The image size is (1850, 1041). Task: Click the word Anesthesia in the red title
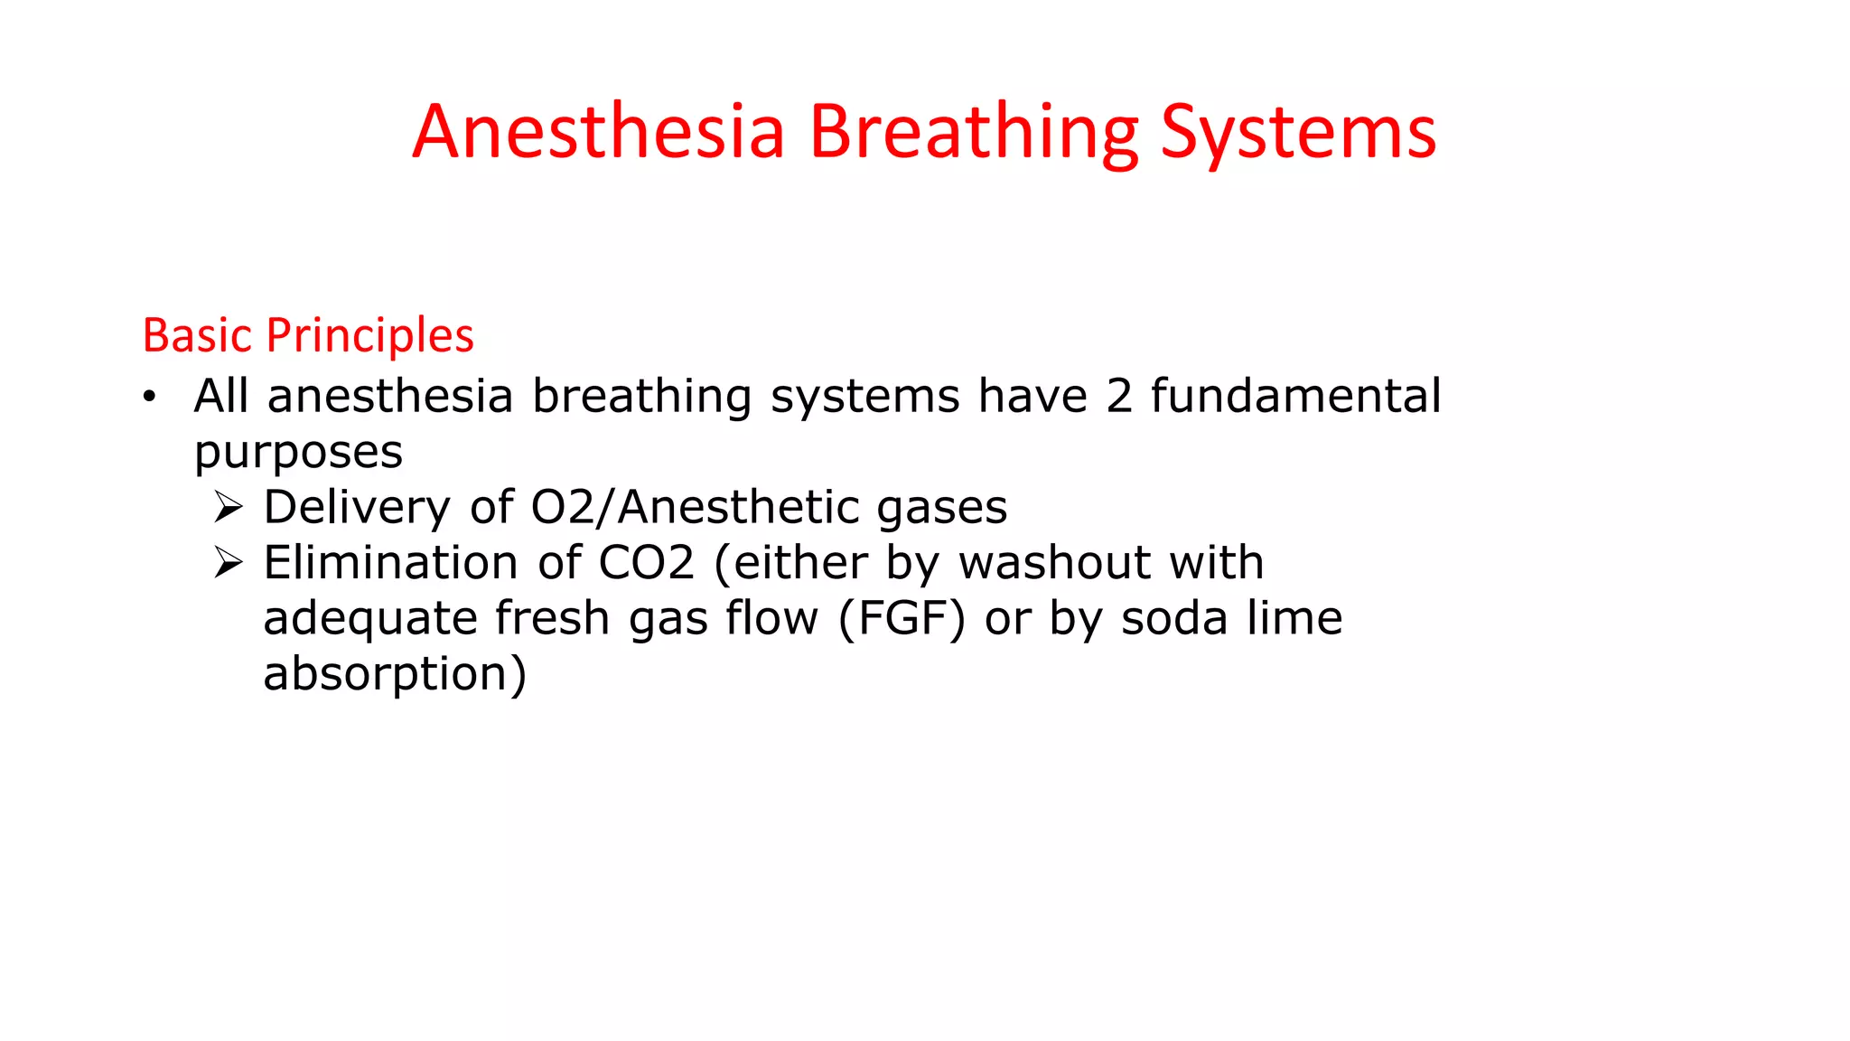point(599,132)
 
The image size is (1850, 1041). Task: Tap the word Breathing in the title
point(973,132)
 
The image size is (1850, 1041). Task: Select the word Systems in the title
point(1298,132)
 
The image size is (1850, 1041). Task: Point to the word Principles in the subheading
point(369,336)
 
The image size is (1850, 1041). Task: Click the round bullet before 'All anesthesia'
point(150,397)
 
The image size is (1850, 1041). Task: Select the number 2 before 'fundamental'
point(1119,397)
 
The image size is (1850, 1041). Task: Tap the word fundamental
point(1295,397)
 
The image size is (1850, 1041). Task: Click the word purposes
point(298,453)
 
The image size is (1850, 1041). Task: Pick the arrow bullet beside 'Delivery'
point(229,508)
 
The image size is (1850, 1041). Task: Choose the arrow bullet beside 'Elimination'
point(229,564)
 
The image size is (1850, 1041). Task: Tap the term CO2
point(647,563)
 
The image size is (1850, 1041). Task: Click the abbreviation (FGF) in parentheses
point(902,619)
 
